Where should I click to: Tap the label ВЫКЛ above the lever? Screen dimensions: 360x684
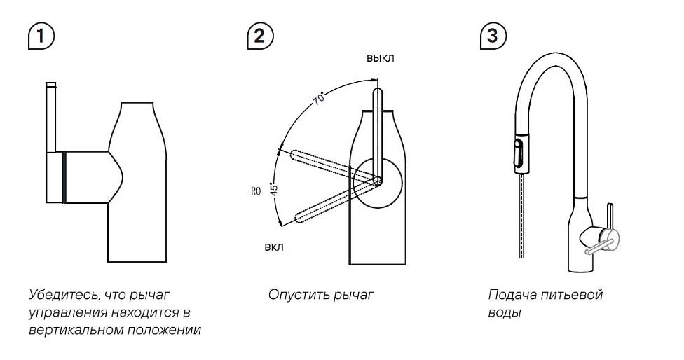tap(380, 58)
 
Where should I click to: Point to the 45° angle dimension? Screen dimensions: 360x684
tap(275, 189)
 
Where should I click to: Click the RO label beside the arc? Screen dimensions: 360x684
tap(256, 191)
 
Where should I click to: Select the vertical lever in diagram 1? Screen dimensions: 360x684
tap(51, 116)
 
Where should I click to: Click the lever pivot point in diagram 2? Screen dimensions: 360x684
tap(378, 181)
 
